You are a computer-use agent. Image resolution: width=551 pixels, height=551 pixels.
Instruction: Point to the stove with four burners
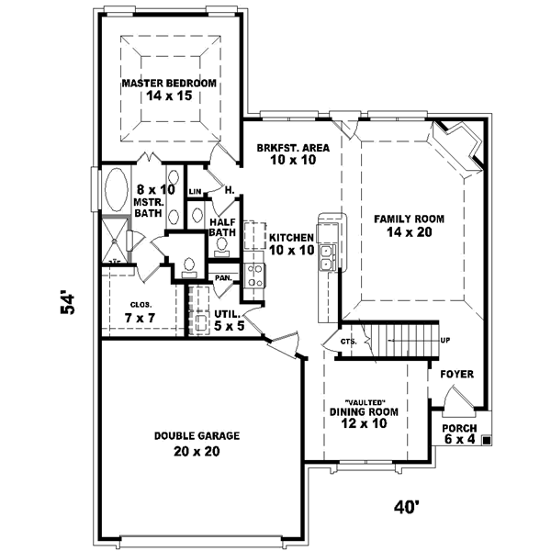[253, 273]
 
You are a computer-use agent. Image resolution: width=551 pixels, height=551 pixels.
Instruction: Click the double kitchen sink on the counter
[326, 258]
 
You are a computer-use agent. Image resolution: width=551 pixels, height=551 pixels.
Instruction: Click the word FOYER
[456, 375]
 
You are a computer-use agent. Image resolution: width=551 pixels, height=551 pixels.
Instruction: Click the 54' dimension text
[69, 304]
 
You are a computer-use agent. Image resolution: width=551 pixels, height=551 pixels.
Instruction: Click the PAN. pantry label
[222, 276]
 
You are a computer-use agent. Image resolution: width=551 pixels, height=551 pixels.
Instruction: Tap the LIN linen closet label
[195, 191]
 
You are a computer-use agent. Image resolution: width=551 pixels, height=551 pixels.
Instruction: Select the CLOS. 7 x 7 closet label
[141, 311]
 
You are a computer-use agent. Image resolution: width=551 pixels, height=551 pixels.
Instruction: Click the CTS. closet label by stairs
[347, 341]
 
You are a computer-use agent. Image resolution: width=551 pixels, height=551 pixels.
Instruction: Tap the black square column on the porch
[486, 441]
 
